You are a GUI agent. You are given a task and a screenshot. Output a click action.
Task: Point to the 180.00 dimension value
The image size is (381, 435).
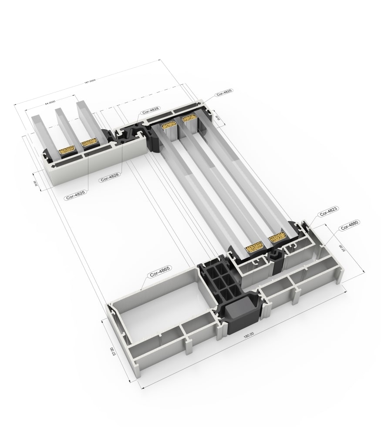click(x=249, y=334)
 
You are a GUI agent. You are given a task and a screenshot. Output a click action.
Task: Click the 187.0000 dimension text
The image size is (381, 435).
click(x=90, y=83)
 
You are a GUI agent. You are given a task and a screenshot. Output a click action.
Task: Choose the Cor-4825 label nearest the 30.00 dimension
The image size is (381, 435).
click(x=224, y=92)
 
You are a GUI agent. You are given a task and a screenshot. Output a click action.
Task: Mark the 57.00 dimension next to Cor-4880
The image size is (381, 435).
click(x=341, y=248)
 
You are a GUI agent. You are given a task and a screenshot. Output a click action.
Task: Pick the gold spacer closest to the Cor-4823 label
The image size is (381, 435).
click(x=277, y=238)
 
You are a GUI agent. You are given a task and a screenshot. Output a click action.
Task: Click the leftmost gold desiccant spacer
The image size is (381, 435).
click(x=67, y=151)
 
